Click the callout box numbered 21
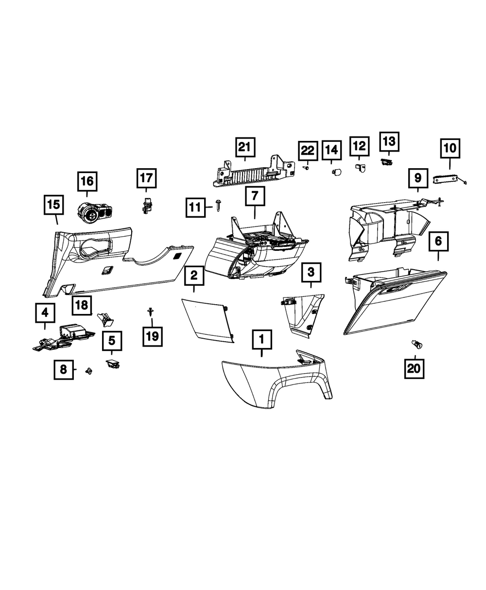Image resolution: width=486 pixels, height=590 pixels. tap(245, 147)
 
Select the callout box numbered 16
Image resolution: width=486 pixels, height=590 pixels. tap(87, 181)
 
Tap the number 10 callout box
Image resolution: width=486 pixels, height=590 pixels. tap(450, 148)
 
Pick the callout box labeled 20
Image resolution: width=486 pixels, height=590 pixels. tap(414, 368)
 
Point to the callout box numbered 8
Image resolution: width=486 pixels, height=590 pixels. tap(64, 369)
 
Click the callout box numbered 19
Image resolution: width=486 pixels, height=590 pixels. tap(153, 336)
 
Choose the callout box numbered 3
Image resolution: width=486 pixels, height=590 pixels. tap(311, 272)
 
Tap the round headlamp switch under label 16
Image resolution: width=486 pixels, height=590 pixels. tap(95, 212)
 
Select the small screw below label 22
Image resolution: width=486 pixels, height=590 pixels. tap(306, 168)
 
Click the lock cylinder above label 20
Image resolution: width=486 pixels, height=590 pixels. tap(417, 345)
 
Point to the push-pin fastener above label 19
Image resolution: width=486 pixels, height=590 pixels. tap(151, 312)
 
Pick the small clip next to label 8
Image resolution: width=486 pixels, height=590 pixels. tap(89, 371)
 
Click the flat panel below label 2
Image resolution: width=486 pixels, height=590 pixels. tap(208, 321)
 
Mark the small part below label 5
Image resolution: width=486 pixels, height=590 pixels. tap(112, 364)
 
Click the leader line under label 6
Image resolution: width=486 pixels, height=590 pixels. tap(438, 256)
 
